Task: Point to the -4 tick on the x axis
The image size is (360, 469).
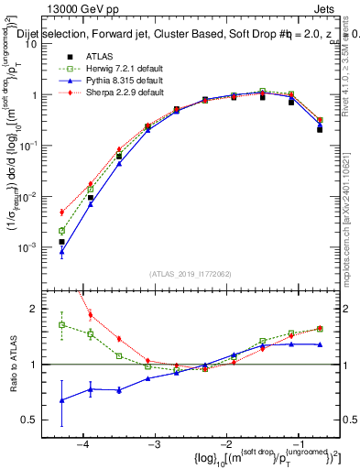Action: [83, 444]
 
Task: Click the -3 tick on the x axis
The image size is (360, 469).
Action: [154, 444]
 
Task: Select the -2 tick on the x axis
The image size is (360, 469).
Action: [224, 444]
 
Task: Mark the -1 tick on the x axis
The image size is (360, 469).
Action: [296, 444]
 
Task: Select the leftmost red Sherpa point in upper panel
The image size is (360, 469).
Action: [61, 212]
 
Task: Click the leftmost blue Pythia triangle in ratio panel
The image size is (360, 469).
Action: [61, 400]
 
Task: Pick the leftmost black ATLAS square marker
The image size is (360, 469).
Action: [61, 242]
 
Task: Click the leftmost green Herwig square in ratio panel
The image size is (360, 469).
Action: [61, 324]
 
